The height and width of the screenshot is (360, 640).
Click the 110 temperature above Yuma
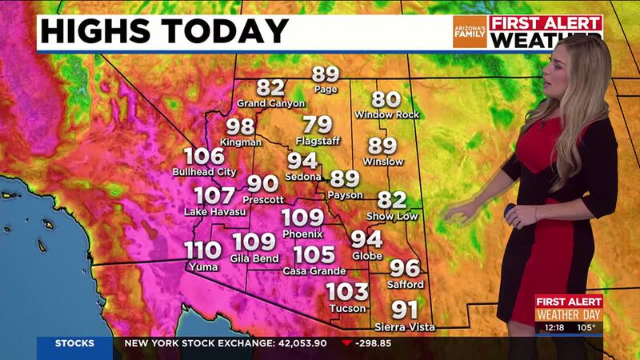(x=203, y=250)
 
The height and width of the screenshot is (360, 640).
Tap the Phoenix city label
(x=302, y=234)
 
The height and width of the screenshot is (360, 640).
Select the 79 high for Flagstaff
(x=318, y=126)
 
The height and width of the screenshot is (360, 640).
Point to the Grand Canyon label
(x=271, y=103)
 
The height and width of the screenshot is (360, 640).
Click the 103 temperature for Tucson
(x=347, y=292)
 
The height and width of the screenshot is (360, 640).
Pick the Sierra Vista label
(x=405, y=327)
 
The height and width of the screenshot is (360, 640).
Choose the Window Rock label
(x=386, y=114)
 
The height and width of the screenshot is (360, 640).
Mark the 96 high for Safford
(x=404, y=269)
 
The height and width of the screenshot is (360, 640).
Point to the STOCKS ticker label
(x=74, y=344)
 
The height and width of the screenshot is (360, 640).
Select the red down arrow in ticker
(x=346, y=345)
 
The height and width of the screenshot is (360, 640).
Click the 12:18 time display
(x=553, y=326)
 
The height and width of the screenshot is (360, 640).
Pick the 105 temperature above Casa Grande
(x=310, y=256)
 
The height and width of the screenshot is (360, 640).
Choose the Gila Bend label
(x=254, y=258)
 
